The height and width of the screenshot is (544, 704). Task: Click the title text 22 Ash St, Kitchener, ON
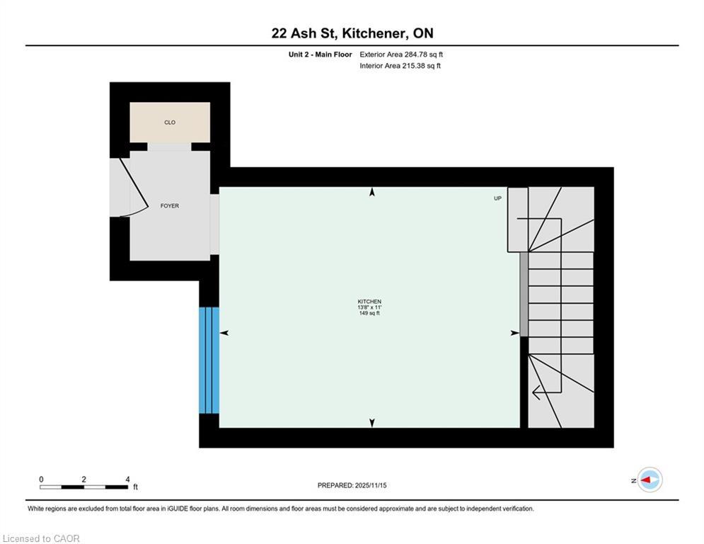point(352,33)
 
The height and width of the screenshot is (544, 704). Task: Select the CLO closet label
point(170,123)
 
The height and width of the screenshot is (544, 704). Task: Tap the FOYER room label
point(170,206)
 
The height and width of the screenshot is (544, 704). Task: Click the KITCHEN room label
point(369,302)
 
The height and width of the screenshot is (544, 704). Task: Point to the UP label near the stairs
point(497,198)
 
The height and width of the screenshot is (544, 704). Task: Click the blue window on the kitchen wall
point(209,360)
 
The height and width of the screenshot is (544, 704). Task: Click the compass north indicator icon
point(649,480)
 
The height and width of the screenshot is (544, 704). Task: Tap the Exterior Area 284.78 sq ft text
point(401,55)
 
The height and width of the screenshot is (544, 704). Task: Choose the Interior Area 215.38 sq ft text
point(400,66)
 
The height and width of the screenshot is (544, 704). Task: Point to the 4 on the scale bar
point(127,480)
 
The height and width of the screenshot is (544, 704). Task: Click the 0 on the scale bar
point(41,480)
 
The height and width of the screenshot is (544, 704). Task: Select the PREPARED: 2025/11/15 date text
point(352,485)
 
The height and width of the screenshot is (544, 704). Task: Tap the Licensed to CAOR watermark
point(41,538)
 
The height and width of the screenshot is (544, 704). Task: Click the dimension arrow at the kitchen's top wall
point(372,192)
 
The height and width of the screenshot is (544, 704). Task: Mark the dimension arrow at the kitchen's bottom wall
point(372,423)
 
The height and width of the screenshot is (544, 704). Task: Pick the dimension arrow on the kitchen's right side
point(514,333)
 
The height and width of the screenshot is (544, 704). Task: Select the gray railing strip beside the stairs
point(524,294)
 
